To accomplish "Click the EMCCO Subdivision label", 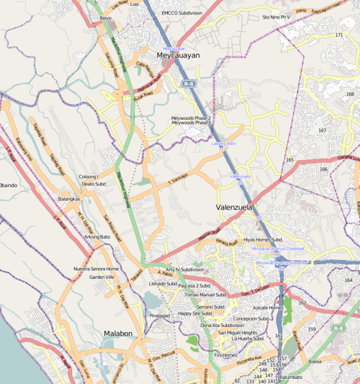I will point(183,13).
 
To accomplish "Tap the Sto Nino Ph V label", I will point(276,17).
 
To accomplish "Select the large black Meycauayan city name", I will point(178,56).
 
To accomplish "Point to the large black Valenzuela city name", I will point(233,208).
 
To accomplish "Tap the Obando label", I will point(8,185).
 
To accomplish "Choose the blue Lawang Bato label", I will point(224,144).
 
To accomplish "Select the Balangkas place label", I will point(69,199).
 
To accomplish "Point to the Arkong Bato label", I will point(97,237).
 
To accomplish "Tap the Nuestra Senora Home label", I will point(96,269).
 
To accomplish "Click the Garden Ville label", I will point(101,277).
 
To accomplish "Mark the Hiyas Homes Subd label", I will point(263,239).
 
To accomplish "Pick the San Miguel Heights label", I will point(238,333).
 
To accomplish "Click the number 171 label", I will point(339,35).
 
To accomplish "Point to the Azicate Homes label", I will point(268,308).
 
